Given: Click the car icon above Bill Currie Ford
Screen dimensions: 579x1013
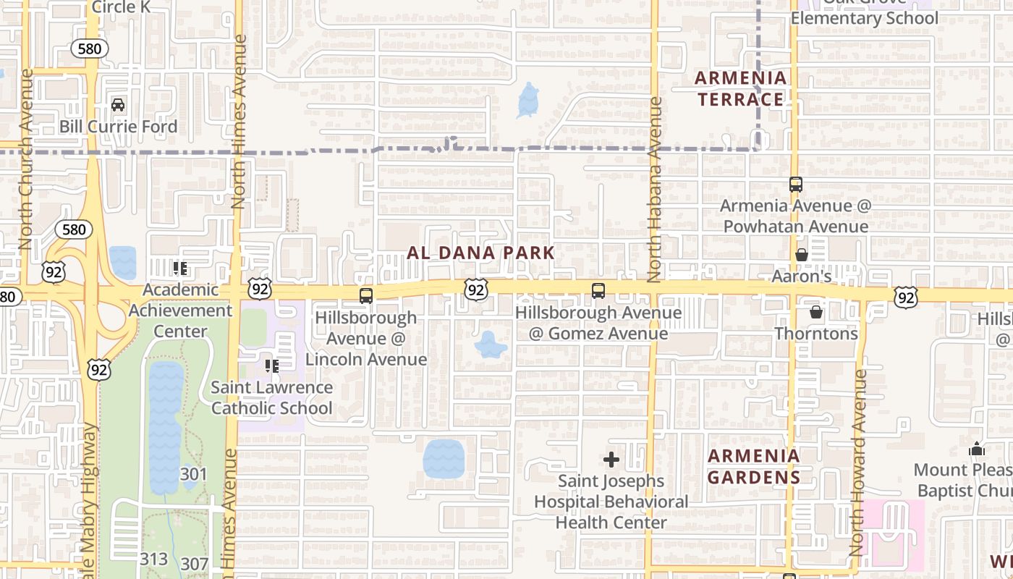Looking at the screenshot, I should pyautogui.click(x=118, y=105).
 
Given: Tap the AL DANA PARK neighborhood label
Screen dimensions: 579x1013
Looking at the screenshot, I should pyautogui.click(x=480, y=253).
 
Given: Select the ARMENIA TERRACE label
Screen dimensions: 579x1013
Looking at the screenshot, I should pyautogui.click(x=740, y=88).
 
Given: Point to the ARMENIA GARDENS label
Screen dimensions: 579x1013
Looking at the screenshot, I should pyautogui.click(x=753, y=467).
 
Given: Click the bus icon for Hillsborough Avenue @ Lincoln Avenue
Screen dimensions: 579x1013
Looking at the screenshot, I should pyautogui.click(x=366, y=295).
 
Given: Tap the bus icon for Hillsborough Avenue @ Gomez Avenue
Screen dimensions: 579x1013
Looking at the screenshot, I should pyautogui.click(x=598, y=291).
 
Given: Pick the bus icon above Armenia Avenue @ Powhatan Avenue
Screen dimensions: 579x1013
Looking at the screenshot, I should pyautogui.click(x=795, y=185).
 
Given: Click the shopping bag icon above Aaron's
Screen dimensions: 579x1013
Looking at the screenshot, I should pyautogui.click(x=801, y=255).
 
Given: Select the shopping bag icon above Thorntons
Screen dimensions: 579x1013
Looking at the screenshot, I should pyautogui.click(x=815, y=312).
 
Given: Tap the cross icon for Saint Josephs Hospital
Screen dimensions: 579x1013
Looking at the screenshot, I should pyautogui.click(x=611, y=460).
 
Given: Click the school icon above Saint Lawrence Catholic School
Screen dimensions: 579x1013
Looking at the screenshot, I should pyautogui.click(x=272, y=366).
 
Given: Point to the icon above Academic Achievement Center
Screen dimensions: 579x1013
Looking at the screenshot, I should pyautogui.click(x=180, y=269).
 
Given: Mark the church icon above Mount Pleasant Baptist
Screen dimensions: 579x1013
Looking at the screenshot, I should pyautogui.click(x=976, y=449).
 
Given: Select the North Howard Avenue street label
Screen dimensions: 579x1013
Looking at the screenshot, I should pyautogui.click(x=859, y=463).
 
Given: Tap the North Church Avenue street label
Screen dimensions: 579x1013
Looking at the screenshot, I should pyautogui.click(x=27, y=159).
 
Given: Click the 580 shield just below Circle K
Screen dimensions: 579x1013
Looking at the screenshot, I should pyautogui.click(x=90, y=48).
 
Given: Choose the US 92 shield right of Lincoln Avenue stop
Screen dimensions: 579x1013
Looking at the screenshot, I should pyautogui.click(x=475, y=290).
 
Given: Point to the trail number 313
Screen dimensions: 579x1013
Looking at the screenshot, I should pyautogui.click(x=153, y=559).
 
